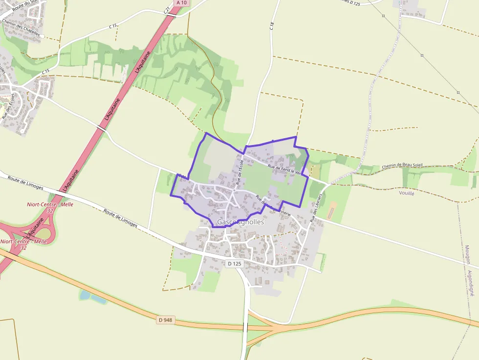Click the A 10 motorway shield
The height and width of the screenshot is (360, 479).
click(181, 3)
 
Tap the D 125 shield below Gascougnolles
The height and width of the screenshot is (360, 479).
click(235, 264)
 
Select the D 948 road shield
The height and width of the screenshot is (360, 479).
click(166, 320)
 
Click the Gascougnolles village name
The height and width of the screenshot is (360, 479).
click(240, 222)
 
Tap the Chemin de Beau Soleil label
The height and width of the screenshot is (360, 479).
click(402, 166)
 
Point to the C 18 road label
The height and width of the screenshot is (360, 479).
click(272, 26)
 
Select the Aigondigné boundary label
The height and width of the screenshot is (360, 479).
click(471, 284)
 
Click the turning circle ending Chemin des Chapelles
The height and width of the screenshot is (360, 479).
click(43, 36)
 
